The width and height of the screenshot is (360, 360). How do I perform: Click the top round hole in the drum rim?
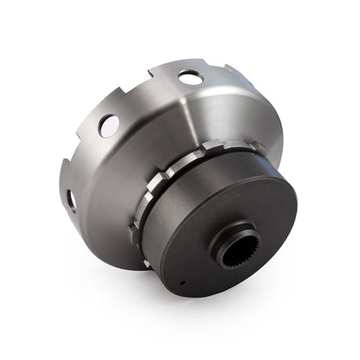pyautogui.click(x=190, y=78)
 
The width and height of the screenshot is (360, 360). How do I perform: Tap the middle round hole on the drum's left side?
pyautogui.click(x=109, y=125)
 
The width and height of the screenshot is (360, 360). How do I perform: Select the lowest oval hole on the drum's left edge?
pyautogui.click(x=70, y=201)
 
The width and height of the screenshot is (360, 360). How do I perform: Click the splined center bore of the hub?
pyautogui.click(x=235, y=250)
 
